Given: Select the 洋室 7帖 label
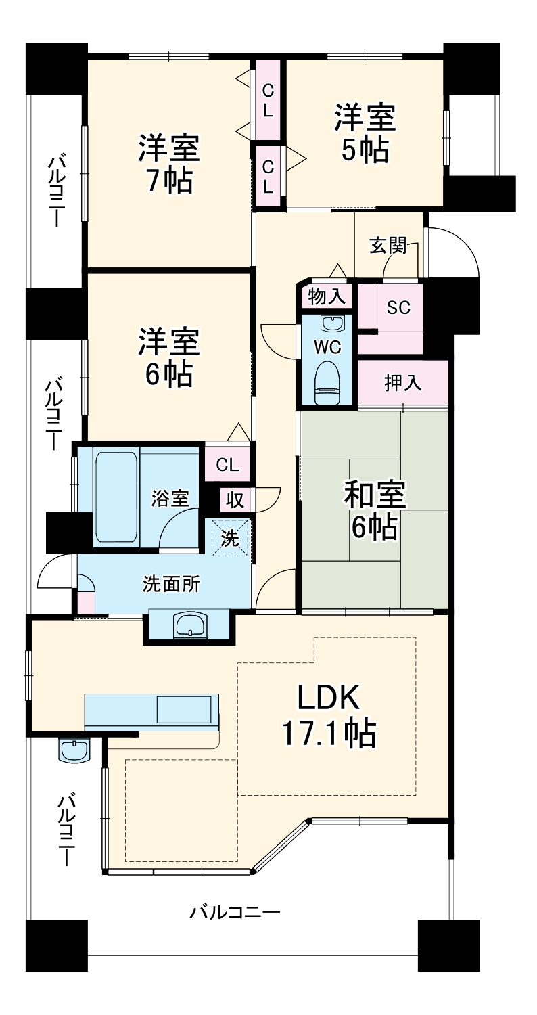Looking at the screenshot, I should [x=168, y=164].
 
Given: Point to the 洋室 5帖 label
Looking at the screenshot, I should [x=365, y=133].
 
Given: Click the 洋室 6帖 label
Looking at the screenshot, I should [x=168, y=357].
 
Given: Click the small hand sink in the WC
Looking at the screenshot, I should [x=331, y=323].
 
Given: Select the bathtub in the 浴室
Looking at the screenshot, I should [x=116, y=497].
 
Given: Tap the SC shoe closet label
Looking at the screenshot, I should [x=398, y=307].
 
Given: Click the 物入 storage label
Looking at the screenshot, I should [x=327, y=296].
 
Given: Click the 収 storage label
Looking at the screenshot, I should [x=235, y=500].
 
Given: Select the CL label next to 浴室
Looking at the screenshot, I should [x=227, y=465].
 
